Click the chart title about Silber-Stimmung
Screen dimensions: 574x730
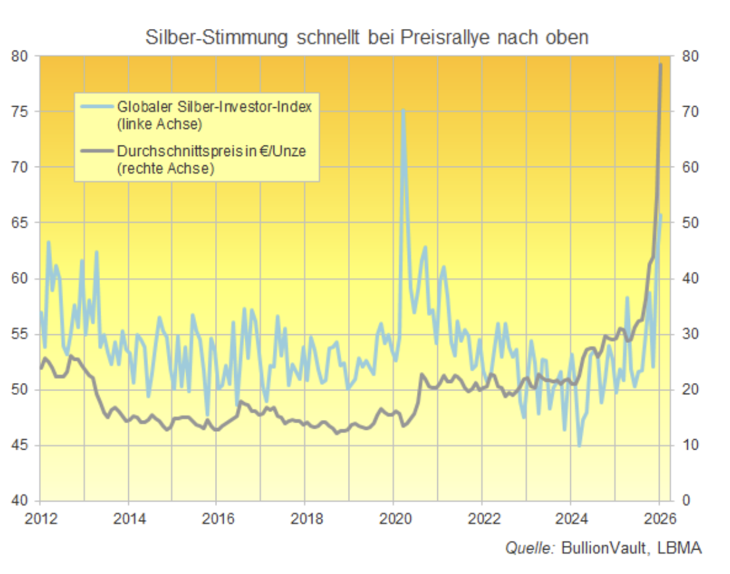tap(367, 38)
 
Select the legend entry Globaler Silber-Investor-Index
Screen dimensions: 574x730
tap(214, 107)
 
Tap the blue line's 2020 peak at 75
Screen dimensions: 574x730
tap(402, 111)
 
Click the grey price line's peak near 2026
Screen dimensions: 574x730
tap(660, 65)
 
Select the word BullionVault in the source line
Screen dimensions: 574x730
tap(601, 548)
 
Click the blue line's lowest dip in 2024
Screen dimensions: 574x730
tap(579, 446)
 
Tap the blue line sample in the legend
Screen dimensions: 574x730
tap(97, 107)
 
